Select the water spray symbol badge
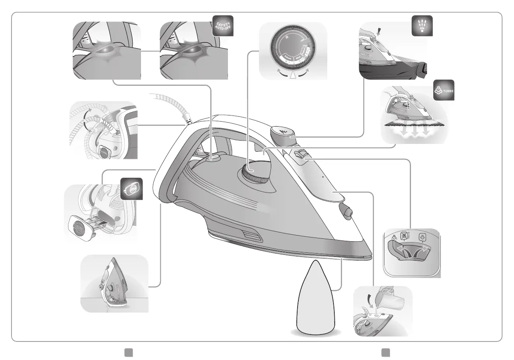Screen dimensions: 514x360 (422, 26)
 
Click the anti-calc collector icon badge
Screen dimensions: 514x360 (131, 189)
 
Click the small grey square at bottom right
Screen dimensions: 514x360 (385, 352)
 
